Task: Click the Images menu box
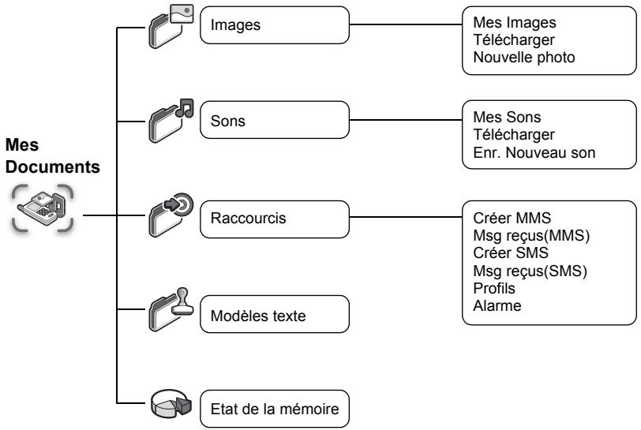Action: click(275, 25)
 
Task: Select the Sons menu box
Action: click(275, 120)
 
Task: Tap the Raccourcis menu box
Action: click(275, 219)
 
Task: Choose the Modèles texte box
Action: click(275, 314)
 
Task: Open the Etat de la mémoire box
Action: click(275, 409)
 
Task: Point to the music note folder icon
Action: click(171, 121)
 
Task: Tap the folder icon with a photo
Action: click(171, 26)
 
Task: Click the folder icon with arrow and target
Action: click(171, 215)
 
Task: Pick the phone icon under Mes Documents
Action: click(43, 208)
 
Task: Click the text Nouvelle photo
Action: click(524, 58)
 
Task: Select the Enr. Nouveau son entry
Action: click(534, 152)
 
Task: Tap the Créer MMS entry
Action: click(512, 218)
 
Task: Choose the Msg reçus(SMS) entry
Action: click(530, 271)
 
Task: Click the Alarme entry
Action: click(497, 305)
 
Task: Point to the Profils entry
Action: click(494, 288)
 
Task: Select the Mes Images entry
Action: click(515, 22)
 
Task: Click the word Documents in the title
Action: click(53, 166)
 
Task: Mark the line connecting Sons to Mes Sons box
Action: click(406, 120)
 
